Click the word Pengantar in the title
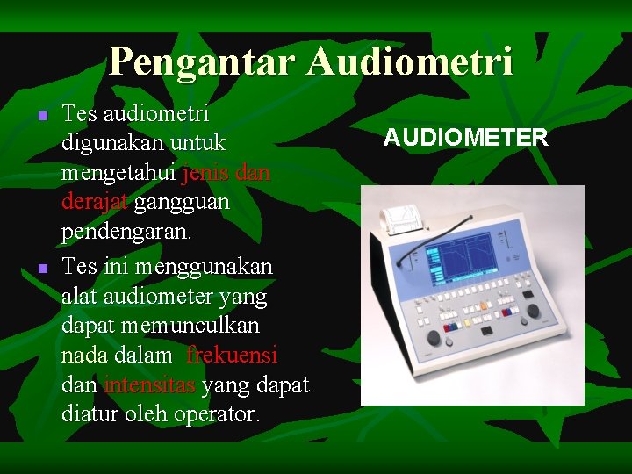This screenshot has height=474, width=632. click(204, 62)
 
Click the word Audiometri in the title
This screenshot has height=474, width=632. click(411, 62)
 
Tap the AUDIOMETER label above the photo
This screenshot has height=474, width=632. click(466, 137)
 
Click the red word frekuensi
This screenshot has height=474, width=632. click(232, 355)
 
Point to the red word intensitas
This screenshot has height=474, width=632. click(150, 384)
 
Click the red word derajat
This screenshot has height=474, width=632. click(95, 203)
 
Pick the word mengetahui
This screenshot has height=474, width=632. click(118, 174)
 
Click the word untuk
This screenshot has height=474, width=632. click(199, 142)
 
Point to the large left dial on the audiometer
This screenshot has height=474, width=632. click(434, 338)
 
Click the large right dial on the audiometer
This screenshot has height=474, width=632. click(533, 311)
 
